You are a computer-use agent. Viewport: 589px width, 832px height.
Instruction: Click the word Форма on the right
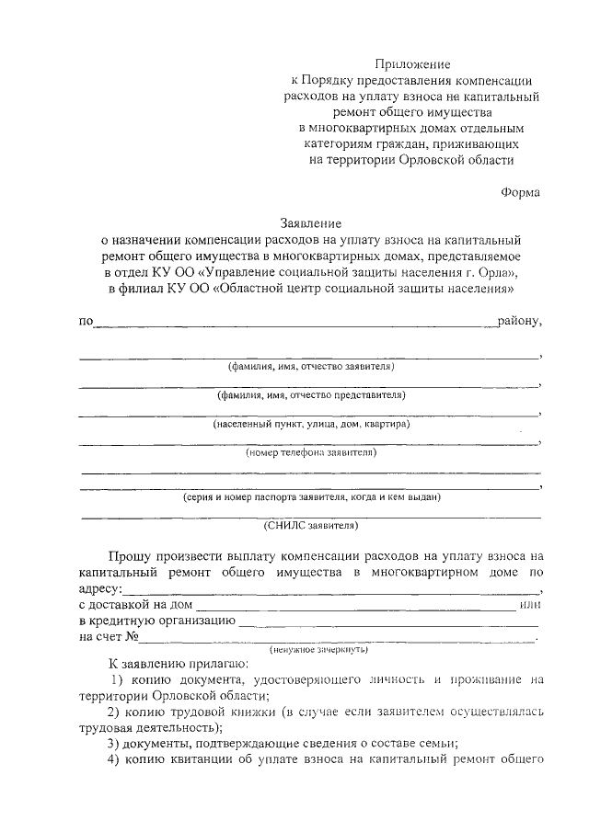521,192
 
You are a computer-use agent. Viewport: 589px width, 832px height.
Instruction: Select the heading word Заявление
312,222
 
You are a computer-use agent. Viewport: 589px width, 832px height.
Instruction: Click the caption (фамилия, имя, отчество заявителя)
311,366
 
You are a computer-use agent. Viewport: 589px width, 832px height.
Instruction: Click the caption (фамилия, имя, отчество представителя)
311,395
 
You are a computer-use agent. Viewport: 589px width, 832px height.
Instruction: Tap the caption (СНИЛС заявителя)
311,526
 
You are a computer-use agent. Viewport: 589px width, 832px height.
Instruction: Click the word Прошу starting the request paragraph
134,556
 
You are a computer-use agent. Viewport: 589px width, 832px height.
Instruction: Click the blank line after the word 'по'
294,325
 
